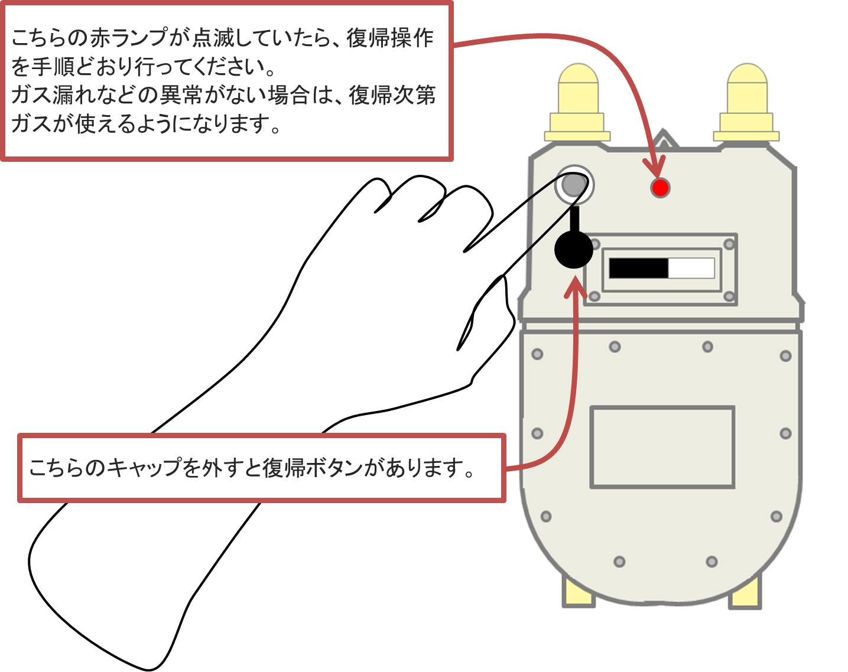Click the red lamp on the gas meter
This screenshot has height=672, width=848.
coord(660,188)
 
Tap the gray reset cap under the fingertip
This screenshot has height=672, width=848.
coord(573,185)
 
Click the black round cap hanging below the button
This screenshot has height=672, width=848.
coord(573,249)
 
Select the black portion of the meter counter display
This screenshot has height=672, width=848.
coord(638,268)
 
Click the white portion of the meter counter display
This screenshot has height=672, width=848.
coord(691,268)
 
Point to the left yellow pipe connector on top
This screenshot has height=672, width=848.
coord(577,103)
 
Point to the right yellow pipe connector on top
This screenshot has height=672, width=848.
coord(747,103)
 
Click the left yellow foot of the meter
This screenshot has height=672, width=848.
coord(577,592)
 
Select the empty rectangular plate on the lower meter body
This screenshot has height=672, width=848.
coord(662,446)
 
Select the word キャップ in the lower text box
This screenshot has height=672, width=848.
coord(144,468)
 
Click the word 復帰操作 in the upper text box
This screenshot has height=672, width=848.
coord(390,38)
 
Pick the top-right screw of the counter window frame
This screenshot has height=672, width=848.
coord(729,244)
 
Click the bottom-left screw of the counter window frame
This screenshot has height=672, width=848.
coord(594,296)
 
